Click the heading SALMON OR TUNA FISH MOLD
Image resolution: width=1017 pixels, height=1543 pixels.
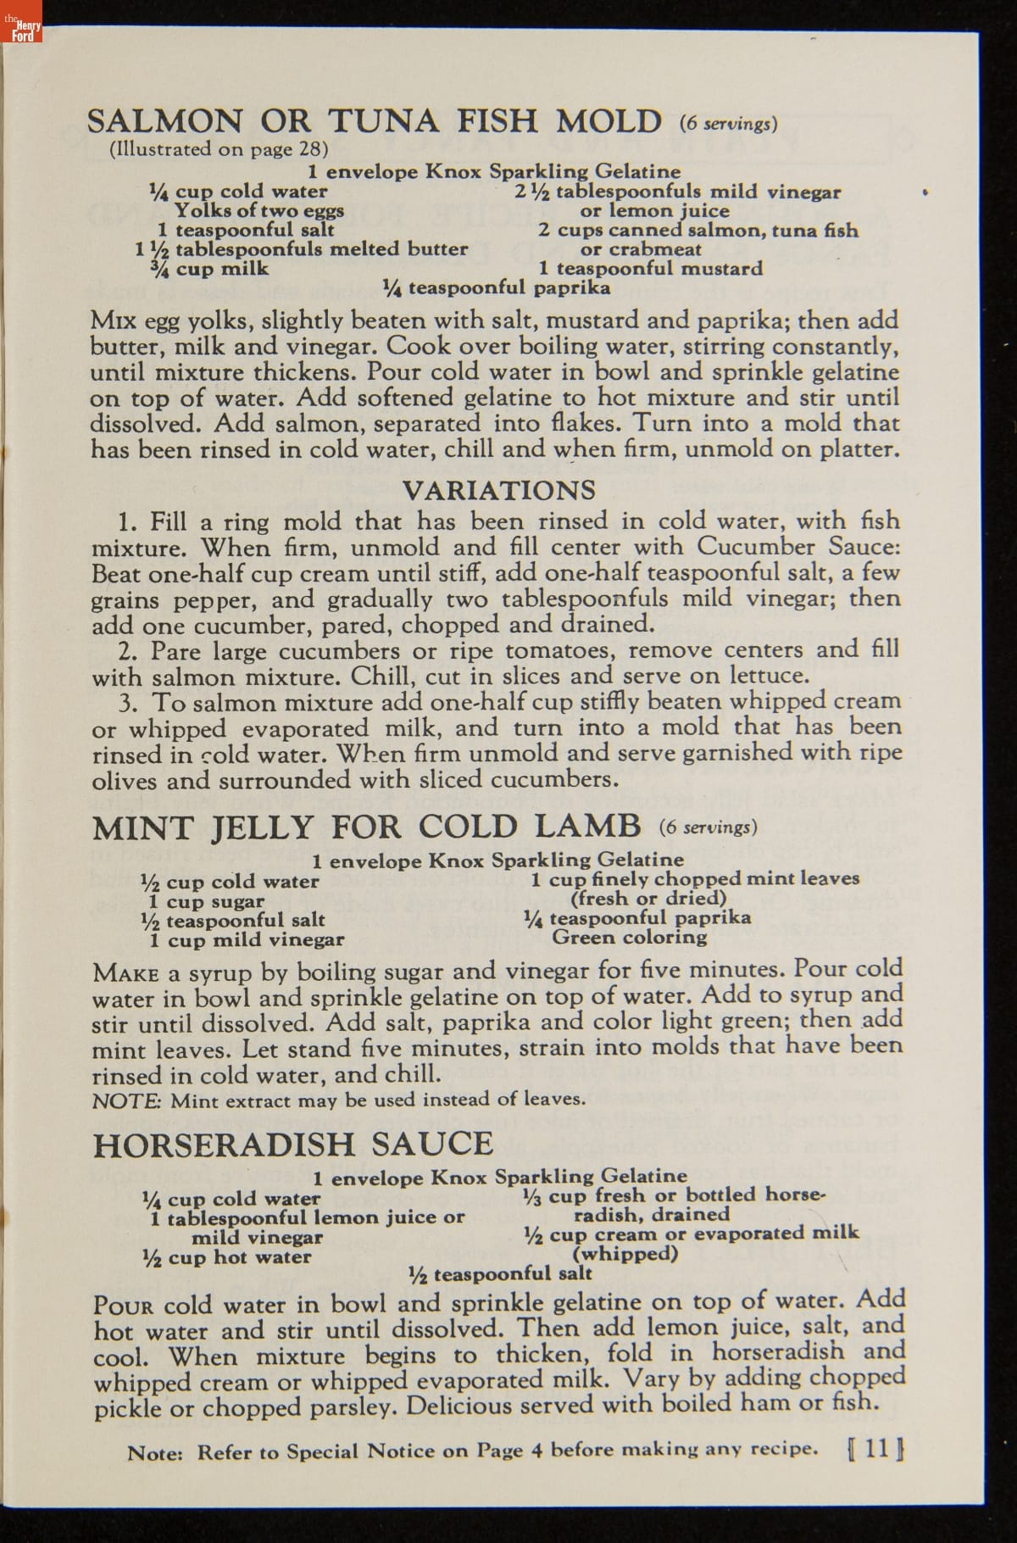[x=375, y=121]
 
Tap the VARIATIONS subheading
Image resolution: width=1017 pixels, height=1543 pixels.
[x=498, y=490]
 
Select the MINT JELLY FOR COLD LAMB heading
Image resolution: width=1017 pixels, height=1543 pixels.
[x=366, y=827]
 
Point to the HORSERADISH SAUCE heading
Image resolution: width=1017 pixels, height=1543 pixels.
[x=292, y=1145]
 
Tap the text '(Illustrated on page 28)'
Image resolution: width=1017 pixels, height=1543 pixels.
[x=219, y=149]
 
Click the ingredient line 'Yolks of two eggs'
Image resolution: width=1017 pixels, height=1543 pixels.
[x=258, y=210]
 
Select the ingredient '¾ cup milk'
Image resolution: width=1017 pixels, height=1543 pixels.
[x=208, y=269]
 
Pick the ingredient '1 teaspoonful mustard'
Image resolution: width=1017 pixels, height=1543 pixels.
[x=651, y=269]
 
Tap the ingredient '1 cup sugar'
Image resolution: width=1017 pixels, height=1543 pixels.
[x=207, y=901]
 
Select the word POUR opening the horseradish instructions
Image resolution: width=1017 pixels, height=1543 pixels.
[x=123, y=1305]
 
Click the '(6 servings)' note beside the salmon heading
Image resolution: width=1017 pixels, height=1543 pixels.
[x=728, y=124]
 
